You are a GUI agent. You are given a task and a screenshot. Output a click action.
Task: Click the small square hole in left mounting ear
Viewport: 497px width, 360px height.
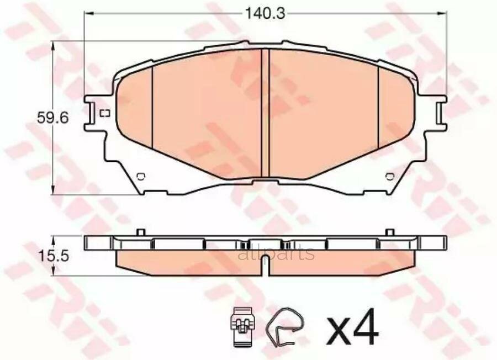[x=105, y=114]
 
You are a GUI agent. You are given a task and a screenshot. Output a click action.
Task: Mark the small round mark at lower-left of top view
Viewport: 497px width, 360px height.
[x=140, y=176]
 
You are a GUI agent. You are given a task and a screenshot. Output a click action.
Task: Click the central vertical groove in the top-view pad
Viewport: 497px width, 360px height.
[x=268, y=113]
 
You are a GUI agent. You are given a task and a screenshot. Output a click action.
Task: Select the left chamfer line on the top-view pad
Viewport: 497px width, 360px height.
[x=151, y=105]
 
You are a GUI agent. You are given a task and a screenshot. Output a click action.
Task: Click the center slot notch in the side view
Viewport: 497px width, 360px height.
[x=266, y=268]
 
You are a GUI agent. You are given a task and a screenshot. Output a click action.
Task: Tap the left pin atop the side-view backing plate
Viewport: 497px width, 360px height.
[x=141, y=231]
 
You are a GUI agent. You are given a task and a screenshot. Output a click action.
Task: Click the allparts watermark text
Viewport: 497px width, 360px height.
[x=276, y=254]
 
